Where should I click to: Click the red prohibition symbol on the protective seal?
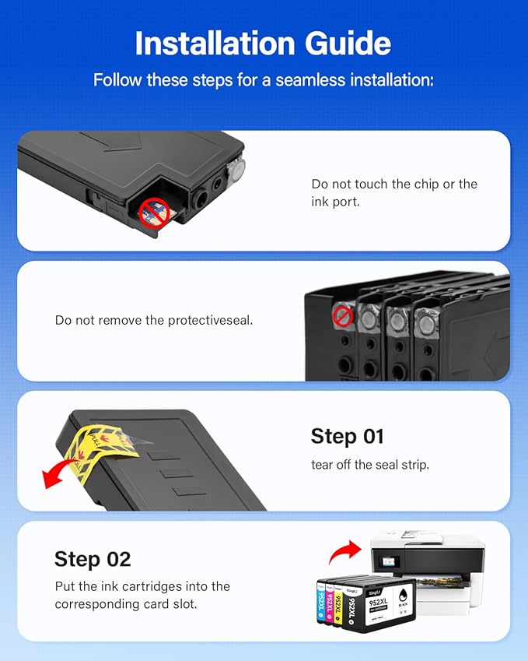(x=342, y=316)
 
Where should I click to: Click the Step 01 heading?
(x=347, y=436)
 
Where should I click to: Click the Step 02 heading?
(x=92, y=558)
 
